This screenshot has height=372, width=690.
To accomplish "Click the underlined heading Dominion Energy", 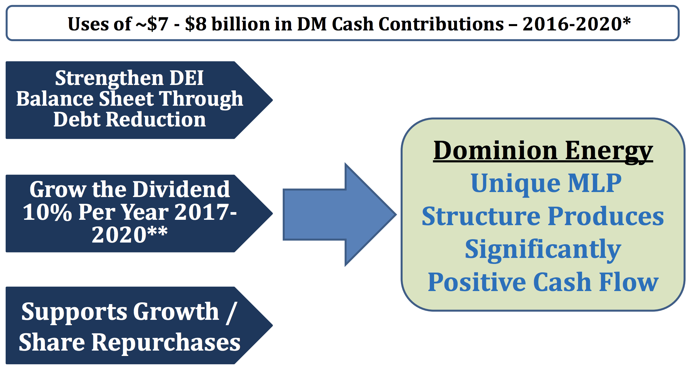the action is tap(543, 151).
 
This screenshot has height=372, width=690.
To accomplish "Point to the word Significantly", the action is tap(543, 250).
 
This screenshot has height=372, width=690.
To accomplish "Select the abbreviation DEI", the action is tap(187, 78).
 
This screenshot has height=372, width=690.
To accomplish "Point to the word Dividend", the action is tap(182, 189).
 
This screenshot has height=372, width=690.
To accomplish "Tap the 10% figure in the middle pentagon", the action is tap(47, 212).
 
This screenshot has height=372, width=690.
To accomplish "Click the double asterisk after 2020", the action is tap(157, 231).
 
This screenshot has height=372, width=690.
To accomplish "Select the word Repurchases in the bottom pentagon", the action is tap(166, 343).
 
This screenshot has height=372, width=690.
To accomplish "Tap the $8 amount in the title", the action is tap(196, 24).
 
